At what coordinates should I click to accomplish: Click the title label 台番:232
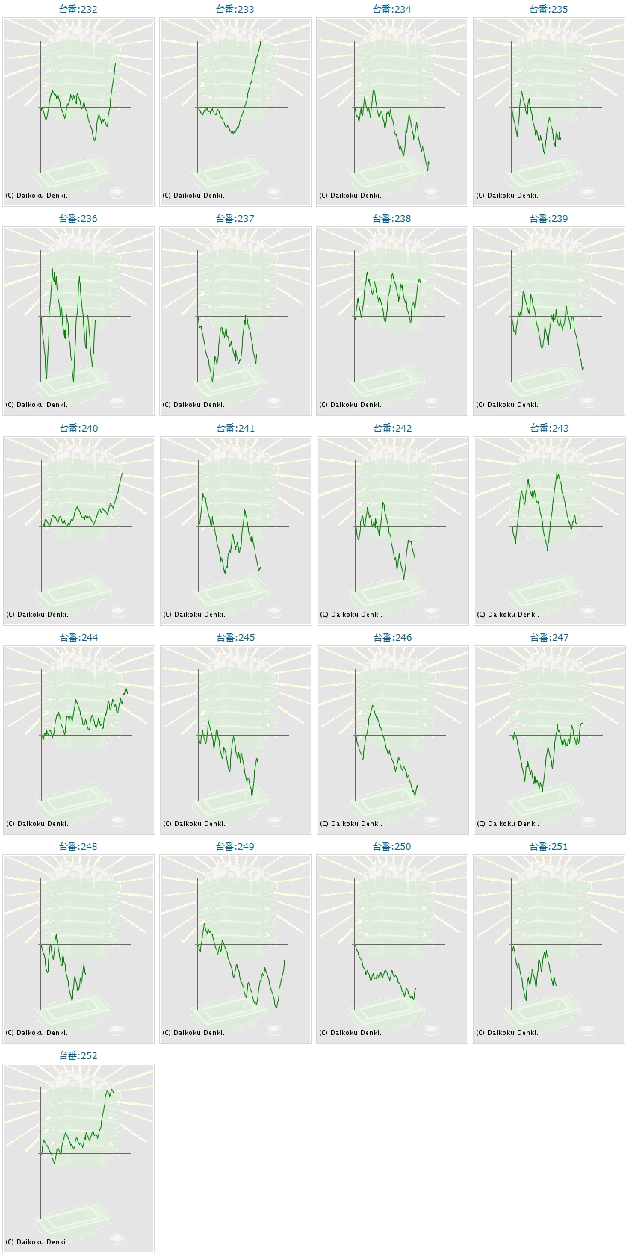tap(78, 10)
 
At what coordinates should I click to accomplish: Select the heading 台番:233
tap(235, 10)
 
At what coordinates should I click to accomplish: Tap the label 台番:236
tap(78, 219)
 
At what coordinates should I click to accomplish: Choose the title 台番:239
tap(549, 219)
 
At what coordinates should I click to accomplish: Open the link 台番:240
tap(78, 429)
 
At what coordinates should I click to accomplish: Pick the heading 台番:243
tap(549, 429)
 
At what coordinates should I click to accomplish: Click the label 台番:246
tap(392, 638)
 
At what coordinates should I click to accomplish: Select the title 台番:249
tap(235, 847)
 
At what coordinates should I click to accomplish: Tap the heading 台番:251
tap(549, 847)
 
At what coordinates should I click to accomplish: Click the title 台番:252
tap(78, 1056)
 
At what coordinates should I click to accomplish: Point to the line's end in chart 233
tap(261, 41)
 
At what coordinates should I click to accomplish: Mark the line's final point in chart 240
tap(123, 471)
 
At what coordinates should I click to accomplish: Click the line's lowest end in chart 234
tap(428, 170)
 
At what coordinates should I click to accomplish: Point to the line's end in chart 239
tap(583, 367)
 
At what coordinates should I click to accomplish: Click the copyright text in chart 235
tap(507, 196)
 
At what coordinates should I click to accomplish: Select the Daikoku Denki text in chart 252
tap(37, 1242)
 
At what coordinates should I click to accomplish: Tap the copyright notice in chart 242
tap(350, 615)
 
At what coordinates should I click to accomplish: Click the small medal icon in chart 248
tap(117, 1030)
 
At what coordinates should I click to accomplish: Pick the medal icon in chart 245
tap(274, 821)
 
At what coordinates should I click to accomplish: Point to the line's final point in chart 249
tap(285, 961)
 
